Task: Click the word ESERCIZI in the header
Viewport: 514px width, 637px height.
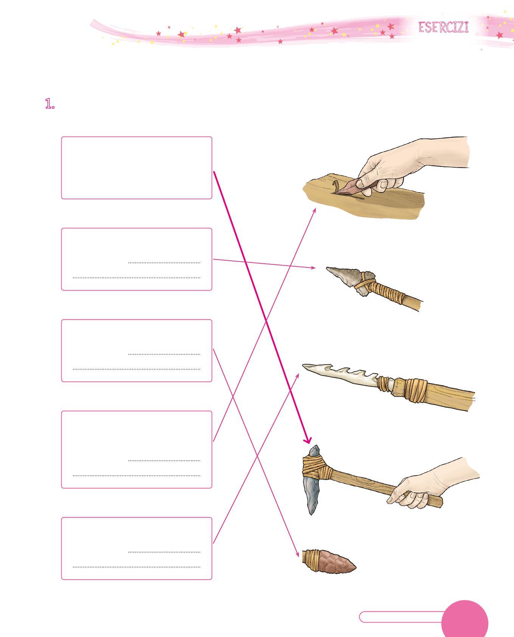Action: pos(443,28)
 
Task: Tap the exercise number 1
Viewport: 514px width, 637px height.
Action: pos(50,104)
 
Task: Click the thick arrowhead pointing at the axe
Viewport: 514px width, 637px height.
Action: pos(307,440)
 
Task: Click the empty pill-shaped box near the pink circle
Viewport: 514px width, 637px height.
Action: pos(401,617)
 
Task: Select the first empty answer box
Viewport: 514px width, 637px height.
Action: pos(137,168)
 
